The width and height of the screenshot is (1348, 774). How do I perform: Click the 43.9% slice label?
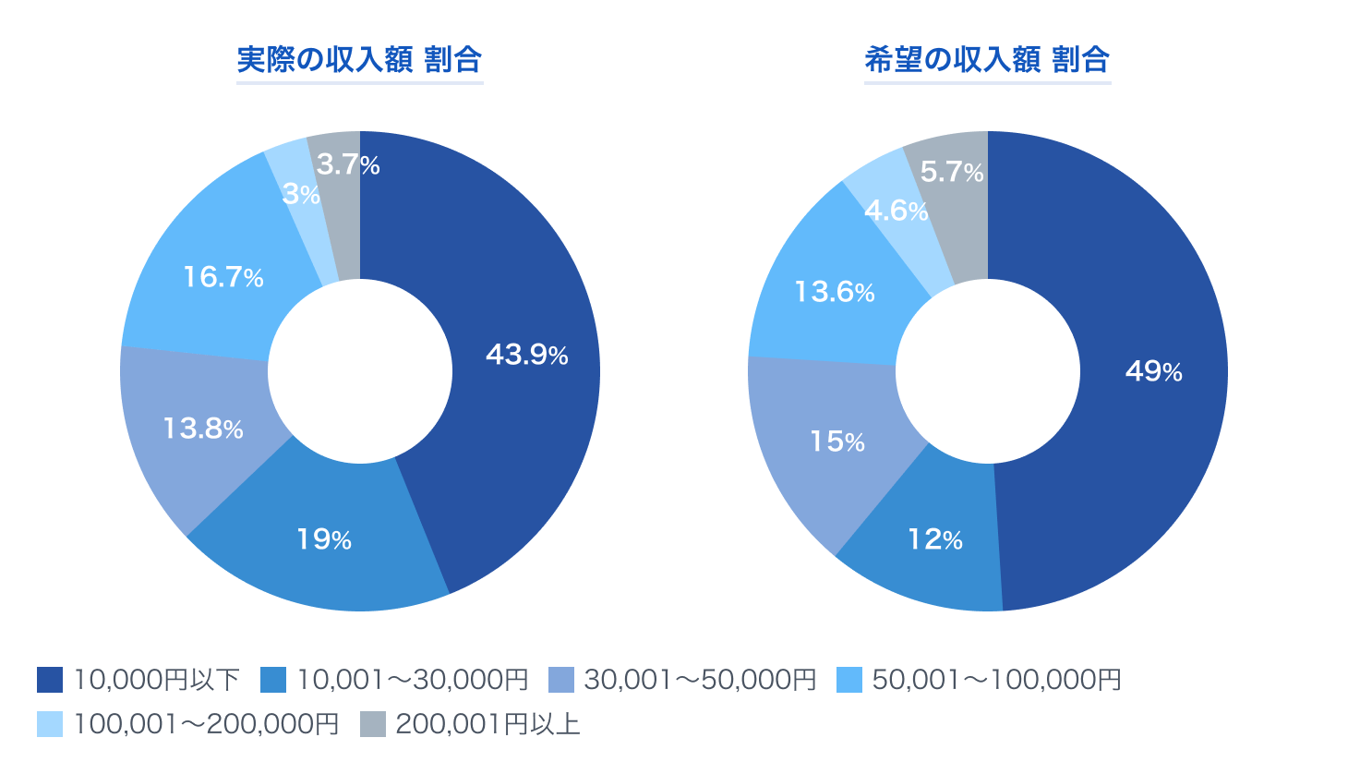526,355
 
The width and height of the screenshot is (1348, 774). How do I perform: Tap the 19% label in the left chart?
323,539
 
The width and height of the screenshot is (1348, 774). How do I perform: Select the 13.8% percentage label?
203,429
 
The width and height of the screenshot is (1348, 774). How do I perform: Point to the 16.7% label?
223,277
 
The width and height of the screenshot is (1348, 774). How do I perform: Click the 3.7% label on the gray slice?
347,165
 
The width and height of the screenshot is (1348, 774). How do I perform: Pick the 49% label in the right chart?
1153,371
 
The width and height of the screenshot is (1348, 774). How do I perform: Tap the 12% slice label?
934,539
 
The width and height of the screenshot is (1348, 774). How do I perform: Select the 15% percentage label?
837,441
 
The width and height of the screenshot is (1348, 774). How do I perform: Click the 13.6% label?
835,292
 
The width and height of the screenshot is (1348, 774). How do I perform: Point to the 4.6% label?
896,212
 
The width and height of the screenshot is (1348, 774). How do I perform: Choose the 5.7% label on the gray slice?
952,173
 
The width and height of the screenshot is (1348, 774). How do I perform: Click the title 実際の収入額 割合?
359,60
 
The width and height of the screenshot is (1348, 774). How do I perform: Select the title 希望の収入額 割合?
987,60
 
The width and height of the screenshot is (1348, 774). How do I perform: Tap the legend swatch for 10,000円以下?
50,680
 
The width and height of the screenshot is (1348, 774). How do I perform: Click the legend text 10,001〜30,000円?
412,680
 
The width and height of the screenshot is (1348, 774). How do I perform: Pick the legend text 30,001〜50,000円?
700,680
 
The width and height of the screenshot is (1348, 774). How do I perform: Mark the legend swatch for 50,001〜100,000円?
849,680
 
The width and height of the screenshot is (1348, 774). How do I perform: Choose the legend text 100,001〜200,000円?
206,724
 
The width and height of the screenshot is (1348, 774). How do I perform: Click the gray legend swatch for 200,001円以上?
373,724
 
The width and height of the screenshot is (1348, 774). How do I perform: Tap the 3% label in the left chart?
301,195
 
